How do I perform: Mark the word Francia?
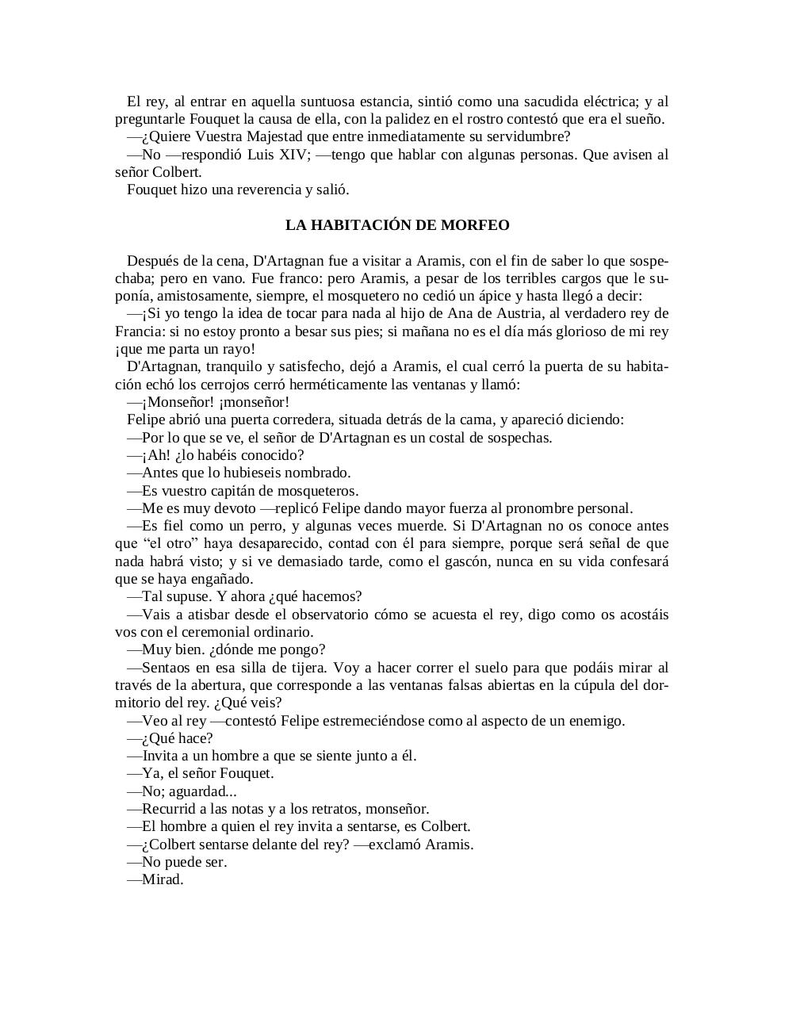coord(140,331)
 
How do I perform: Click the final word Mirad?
coord(163,879)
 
